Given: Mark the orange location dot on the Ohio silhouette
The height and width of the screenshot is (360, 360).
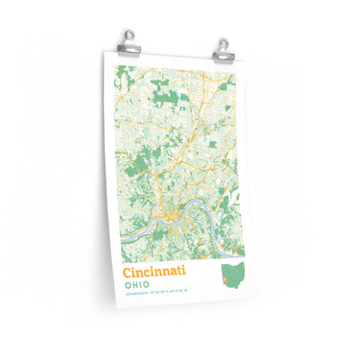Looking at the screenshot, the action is [x=225, y=282].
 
